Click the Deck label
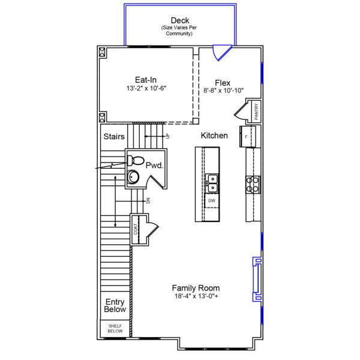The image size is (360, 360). click(180, 20)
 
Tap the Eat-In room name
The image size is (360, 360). click(146, 79)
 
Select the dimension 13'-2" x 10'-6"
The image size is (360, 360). click(146, 88)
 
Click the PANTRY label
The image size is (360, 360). click(256, 112)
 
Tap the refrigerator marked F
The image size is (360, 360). click(248, 137)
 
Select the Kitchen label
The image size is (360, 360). click(214, 136)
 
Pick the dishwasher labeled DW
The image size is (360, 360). click(212, 200)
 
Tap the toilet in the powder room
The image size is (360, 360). click(135, 160)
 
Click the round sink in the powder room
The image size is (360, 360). click(133, 177)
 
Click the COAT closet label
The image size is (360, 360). click(137, 229)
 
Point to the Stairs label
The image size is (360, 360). click(114, 136)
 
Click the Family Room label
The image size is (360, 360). click(196, 287)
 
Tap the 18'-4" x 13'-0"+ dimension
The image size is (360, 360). click(196, 296)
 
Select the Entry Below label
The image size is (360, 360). click(115, 305)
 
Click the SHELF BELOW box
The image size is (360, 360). click(115, 328)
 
